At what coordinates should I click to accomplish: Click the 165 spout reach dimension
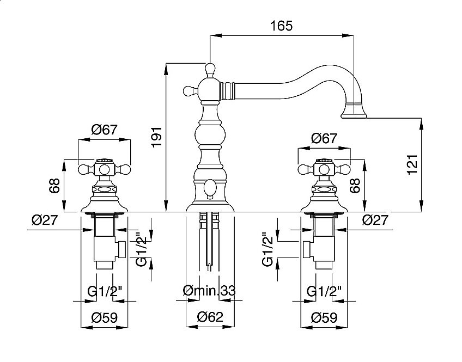[x=281, y=26]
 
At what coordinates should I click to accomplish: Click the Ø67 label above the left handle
[x=104, y=130]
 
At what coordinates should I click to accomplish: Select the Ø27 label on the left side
[x=45, y=220]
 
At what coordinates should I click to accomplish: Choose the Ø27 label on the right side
[x=376, y=220]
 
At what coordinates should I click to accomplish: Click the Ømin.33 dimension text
[x=210, y=291]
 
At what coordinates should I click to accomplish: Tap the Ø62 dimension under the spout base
[x=210, y=317]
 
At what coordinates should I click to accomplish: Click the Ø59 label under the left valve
[x=104, y=317]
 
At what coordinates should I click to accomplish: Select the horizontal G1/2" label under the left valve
[x=104, y=291]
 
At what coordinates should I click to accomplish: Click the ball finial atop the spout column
[x=209, y=69]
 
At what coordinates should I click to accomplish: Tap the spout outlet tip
[x=355, y=114]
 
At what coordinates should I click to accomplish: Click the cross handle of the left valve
[x=104, y=169]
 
